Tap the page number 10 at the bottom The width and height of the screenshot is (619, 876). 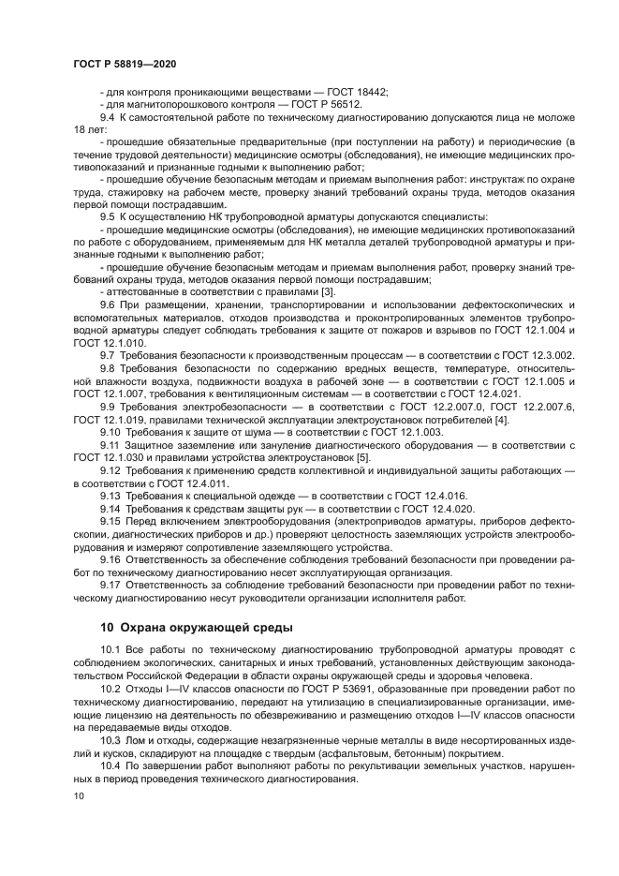click(x=78, y=795)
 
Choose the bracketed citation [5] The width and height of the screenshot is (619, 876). click(x=364, y=457)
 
